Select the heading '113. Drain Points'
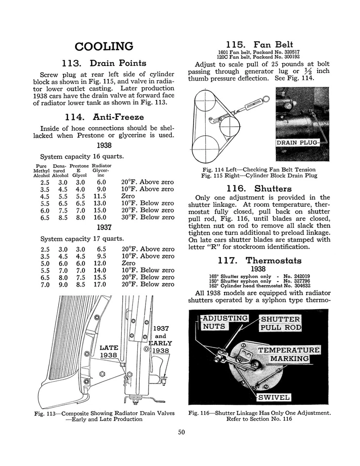pos(104,63)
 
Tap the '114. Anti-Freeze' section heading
pos(104,116)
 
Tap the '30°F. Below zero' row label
pos(147,217)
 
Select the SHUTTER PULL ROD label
pos(280,323)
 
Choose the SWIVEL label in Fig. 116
pos(274,398)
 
